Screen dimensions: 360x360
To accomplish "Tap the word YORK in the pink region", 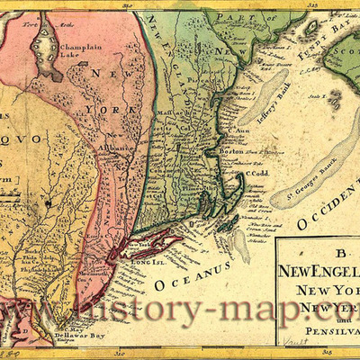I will pyautogui.click(x=103, y=111).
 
